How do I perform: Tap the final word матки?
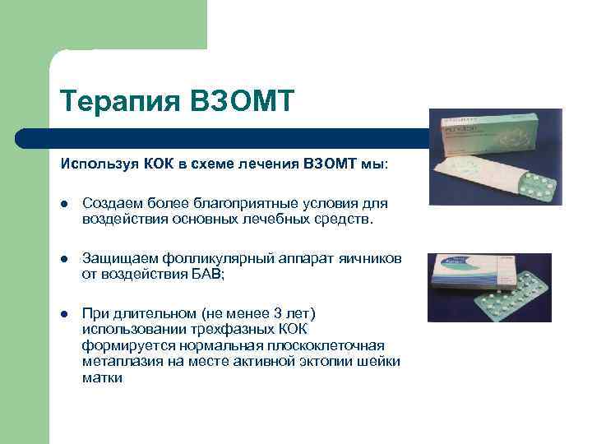(x=102, y=377)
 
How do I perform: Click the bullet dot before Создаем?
(x=64, y=204)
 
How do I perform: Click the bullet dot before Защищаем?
(x=64, y=260)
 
